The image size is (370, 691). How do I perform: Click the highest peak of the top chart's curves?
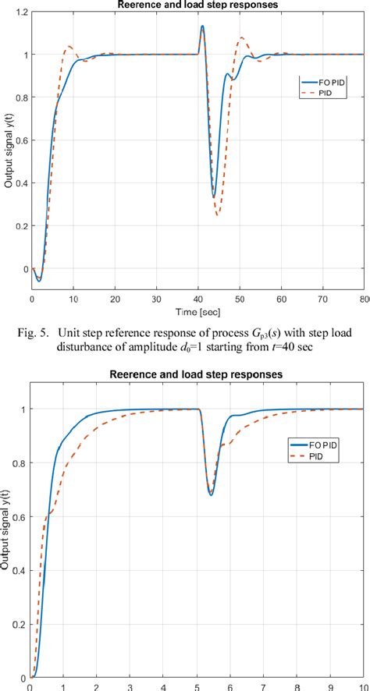[202, 27]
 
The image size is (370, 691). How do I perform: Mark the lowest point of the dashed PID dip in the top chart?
[218, 214]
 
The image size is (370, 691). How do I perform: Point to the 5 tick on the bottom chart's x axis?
[198, 686]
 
